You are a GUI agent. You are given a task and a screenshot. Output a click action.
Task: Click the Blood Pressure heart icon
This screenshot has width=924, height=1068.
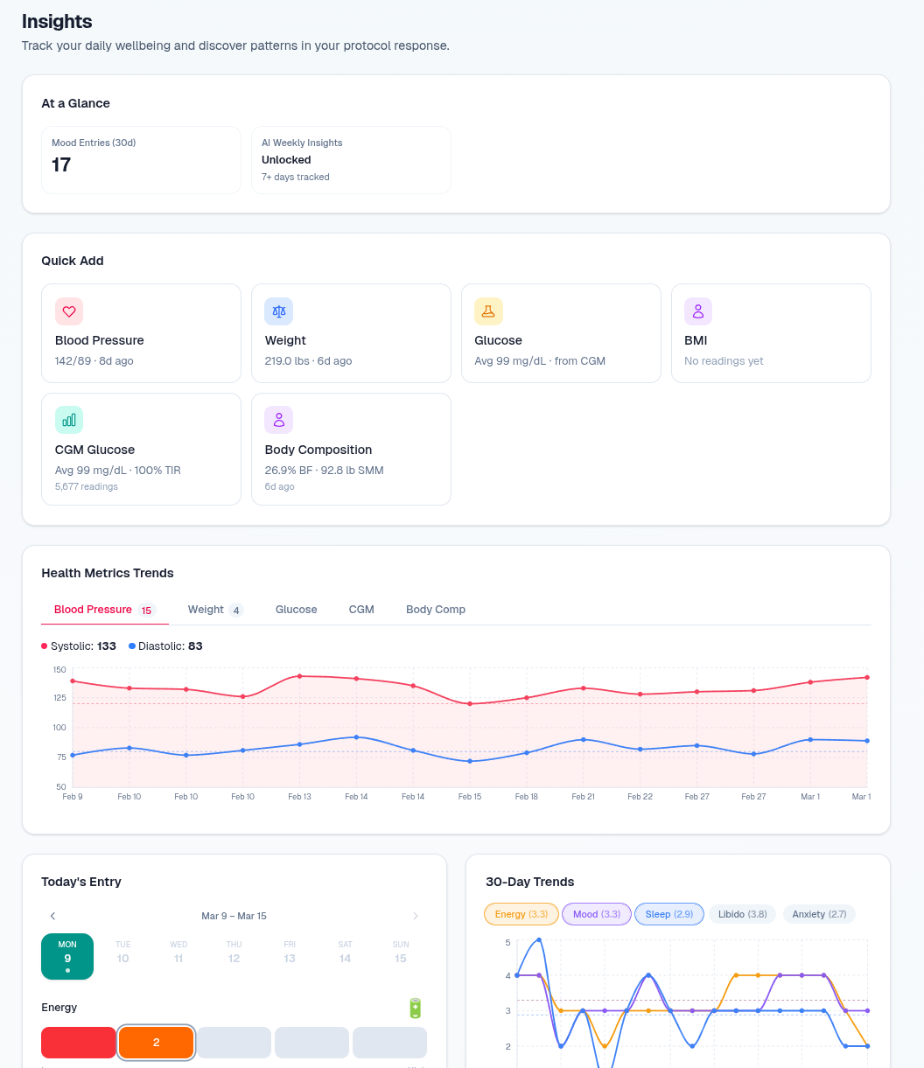69,311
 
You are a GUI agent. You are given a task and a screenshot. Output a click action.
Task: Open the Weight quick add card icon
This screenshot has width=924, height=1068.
279,311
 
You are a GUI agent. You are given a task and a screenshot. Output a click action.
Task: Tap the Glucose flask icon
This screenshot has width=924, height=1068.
488,311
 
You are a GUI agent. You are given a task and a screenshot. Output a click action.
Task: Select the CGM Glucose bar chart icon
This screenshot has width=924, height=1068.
69,420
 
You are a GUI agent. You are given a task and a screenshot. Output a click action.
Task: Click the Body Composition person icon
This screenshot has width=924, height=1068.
279,420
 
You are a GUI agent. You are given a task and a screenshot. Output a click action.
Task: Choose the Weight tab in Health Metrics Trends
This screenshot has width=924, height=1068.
214,610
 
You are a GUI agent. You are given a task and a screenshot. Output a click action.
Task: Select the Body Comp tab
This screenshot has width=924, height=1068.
435,610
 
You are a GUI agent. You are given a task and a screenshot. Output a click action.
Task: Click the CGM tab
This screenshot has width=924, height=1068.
361,610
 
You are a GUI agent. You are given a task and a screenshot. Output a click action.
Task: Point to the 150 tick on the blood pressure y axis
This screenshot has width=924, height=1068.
59,670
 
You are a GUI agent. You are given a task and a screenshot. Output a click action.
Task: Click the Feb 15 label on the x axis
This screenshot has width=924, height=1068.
470,797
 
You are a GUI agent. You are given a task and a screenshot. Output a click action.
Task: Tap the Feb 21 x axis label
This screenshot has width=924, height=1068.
584,797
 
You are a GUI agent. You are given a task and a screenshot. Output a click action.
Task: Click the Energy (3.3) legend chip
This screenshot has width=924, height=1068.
521,914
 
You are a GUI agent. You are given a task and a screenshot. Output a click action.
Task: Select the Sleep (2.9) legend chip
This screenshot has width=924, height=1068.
668,914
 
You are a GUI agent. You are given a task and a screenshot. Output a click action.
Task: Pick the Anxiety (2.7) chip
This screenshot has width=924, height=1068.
819,914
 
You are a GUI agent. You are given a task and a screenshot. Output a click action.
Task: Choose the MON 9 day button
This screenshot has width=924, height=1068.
67,956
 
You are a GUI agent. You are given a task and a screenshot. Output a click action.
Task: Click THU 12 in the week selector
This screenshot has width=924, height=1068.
234,953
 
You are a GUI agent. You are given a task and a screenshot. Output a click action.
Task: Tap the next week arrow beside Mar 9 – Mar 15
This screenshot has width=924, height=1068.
416,916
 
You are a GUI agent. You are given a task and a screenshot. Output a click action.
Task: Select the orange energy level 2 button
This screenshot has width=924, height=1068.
156,1043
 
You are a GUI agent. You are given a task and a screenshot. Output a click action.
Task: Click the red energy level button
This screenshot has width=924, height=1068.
79,1043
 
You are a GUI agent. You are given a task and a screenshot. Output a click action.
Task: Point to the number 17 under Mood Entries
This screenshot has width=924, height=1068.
61,165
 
